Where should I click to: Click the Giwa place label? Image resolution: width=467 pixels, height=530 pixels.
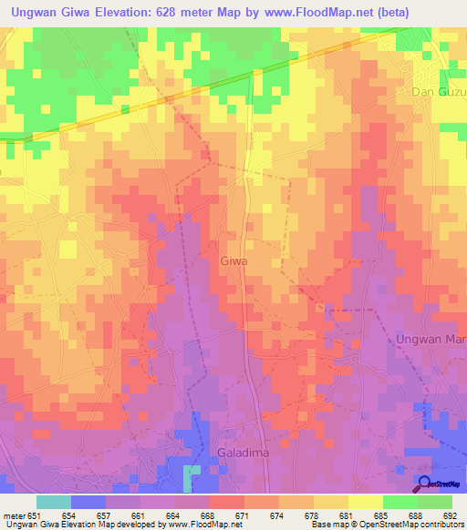[233, 260]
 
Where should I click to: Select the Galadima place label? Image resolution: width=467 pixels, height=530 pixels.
[244, 452]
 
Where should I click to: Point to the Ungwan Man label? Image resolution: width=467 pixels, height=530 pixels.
[431, 340]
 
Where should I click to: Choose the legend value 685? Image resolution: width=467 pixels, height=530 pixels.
[381, 516]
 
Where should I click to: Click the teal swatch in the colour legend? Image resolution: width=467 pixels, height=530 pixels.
[54, 502]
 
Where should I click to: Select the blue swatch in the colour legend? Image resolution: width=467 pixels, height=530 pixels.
[88, 502]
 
